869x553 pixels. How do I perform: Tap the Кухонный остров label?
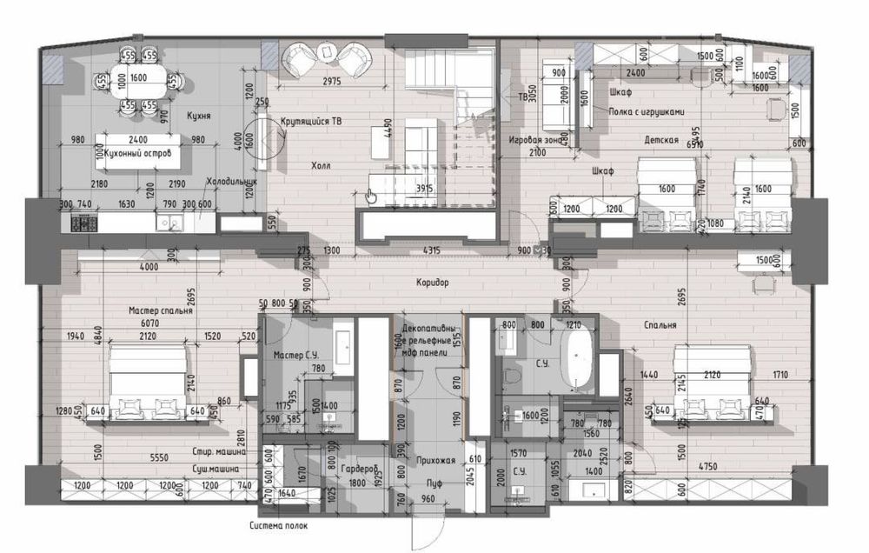tap(130, 153)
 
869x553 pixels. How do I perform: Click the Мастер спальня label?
tap(161, 310)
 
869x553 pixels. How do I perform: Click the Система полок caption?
tap(278, 526)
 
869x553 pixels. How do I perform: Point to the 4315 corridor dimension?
tap(433, 250)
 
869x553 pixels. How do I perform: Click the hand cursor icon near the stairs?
tap(371, 196)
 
